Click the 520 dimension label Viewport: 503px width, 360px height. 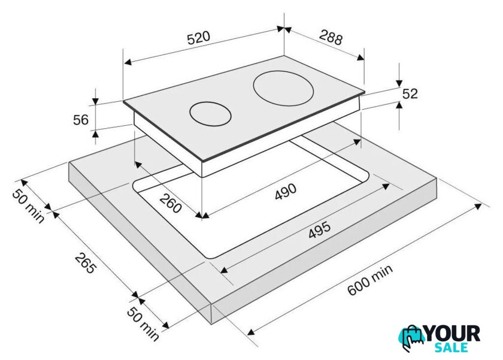pyautogui.click(x=199, y=38)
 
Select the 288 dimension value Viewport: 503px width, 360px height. pyautogui.click(x=331, y=37)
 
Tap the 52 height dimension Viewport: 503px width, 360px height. pyautogui.click(x=410, y=93)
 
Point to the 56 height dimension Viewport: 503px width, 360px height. pyautogui.click(x=80, y=120)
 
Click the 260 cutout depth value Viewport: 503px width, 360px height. pyautogui.click(x=171, y=204)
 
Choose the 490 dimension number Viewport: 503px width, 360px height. pyautogui.click(x=286, y=192)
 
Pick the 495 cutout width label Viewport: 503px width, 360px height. pyautogui.click(x=319, y=230)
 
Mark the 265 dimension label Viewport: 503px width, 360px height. pyautogui.click(x=85, y=263)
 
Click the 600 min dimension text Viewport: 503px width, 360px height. pyautogui.click(x=370, y=280)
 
